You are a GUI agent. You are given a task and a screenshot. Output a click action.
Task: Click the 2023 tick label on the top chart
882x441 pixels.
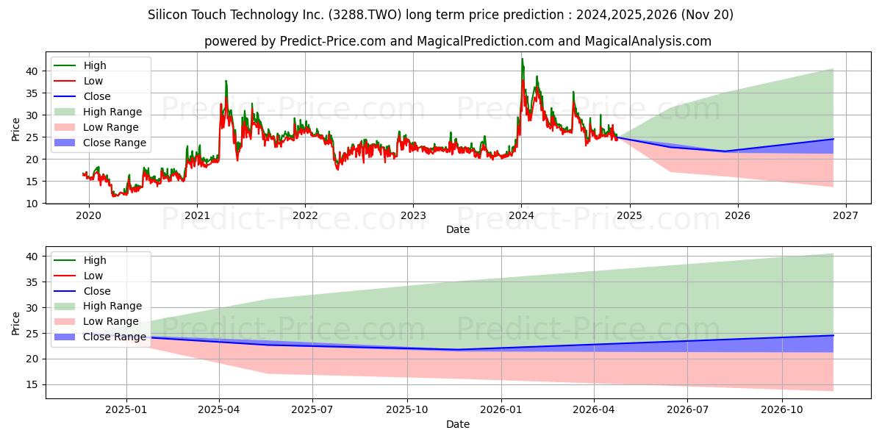[x=413, y=216]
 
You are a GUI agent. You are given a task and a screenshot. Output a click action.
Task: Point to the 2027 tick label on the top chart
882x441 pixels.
[x=846, y=216]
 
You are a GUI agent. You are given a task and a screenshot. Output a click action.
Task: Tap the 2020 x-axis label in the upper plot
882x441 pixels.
[x=89, y=216]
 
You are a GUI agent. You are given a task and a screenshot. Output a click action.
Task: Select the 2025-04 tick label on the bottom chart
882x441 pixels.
[x=219, y=410]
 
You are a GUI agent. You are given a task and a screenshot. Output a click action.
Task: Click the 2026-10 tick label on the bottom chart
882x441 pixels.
[x=782, y=410]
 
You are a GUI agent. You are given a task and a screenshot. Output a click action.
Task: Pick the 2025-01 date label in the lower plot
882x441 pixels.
[x=126, y=410]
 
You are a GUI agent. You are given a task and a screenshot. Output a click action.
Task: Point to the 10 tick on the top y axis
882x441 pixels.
[x=32, y=204]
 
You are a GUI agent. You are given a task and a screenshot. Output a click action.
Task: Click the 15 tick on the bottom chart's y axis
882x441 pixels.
[x=32, y=384]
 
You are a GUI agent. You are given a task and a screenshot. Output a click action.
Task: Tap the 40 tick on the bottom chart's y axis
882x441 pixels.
[x=32, y=257]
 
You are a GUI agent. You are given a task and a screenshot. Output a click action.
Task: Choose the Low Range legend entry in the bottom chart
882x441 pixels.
[x=96, y=321]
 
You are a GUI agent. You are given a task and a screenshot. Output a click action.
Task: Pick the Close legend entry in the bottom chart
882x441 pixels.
[x=82, y=291]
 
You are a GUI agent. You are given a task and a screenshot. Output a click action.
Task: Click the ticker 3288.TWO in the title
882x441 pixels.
[x=365, y=15]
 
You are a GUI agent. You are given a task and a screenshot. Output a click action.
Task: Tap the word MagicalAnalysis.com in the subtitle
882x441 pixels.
[x=648, y=41]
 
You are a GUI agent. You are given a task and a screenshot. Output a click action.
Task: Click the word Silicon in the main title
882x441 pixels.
[x=168, y=15]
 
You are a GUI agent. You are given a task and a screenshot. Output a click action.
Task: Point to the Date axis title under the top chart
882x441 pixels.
[x=458, y=229]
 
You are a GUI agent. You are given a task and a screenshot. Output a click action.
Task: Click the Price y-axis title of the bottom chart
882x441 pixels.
[x=15, y=323]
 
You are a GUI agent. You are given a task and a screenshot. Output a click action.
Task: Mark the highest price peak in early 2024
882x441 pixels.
[x=523, y=59]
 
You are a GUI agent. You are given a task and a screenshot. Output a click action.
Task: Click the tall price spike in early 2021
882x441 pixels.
[x=226, y=81]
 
